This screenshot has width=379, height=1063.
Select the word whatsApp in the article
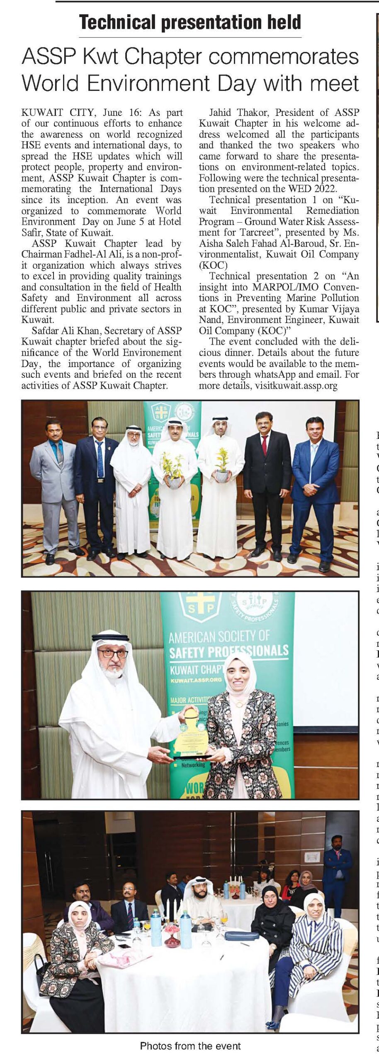pyautogui.click(x=275, y=375)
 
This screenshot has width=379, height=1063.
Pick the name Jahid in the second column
pyautogui.click(x=220, y=113)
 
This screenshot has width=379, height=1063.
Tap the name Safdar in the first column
pyautogui.click(x=44, y=331)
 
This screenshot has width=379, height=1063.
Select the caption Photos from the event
pyautogui.click(x=190, y=1046)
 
